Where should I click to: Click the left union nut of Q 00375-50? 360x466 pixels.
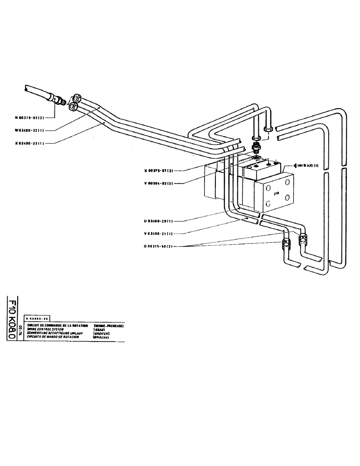point(286,243)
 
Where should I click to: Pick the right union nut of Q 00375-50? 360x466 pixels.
point(304,238)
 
